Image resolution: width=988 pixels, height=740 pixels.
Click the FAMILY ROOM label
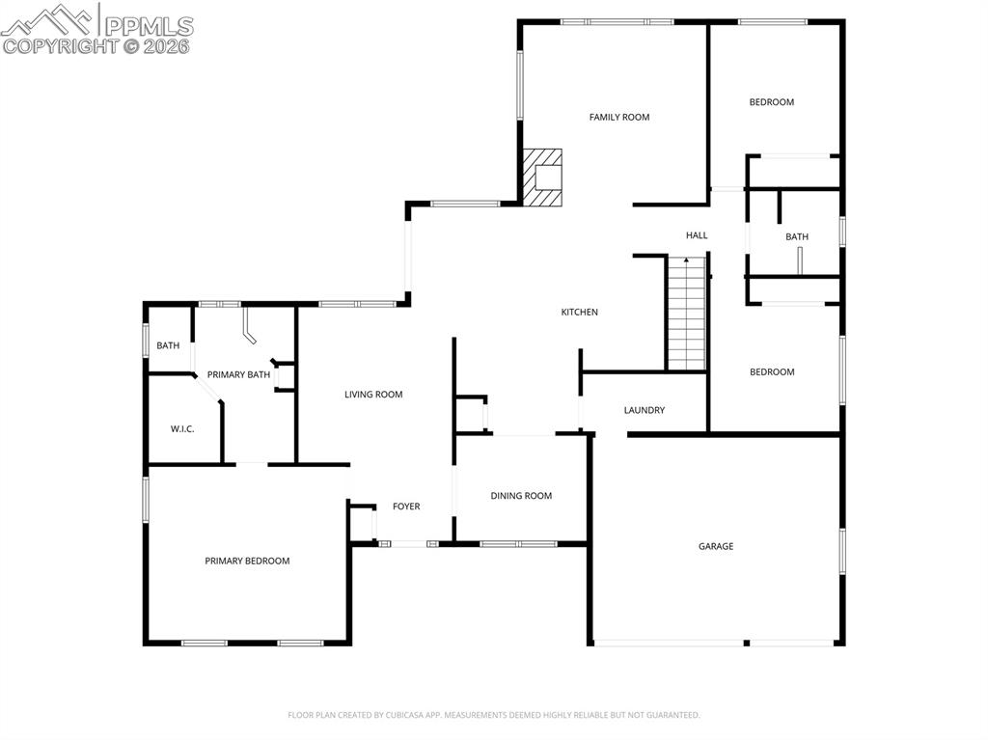(x=619, y=118)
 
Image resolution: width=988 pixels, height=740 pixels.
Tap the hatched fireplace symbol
(x=542, y=177)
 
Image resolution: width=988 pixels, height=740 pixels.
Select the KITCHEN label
(x=580, y=313)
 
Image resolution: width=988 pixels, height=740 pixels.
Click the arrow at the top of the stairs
(x=686, y=260)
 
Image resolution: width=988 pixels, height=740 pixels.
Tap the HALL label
(x=697, y=235)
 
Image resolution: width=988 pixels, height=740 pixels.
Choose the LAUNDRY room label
(x=645, y=410)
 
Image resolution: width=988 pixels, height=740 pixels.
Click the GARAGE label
(x=716, y=546)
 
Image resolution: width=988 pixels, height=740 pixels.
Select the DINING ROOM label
(x=521, y=496)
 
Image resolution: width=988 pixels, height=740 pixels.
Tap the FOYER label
(x=406, y=507)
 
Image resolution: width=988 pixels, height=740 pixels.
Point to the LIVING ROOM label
(x=373, y=395)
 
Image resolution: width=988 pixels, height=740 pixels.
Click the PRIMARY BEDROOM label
(x=247, y=561)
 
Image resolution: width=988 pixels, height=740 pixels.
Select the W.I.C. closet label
(x=182, y=429)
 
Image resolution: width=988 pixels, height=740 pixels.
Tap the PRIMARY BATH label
(x=238, y=374)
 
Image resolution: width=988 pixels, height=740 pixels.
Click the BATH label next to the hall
(x=797, y=236)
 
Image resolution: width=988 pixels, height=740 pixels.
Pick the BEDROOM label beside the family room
(x=772, y=102)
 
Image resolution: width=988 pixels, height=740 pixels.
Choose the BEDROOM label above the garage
(x=772, y=372)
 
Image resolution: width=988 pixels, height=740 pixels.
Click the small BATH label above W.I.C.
(x=169, y=345)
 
